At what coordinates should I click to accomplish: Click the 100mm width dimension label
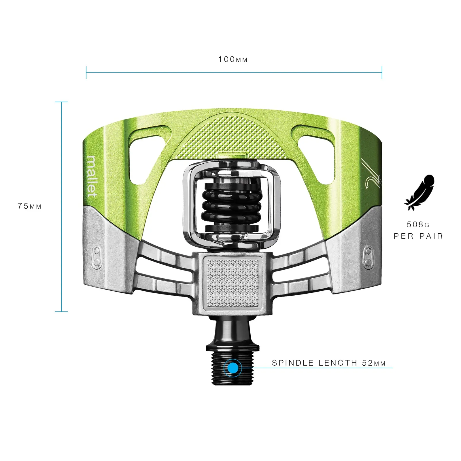pyautogui.click(x=233, y=59)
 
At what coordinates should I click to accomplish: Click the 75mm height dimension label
pyautogui.click(x=30, y=206)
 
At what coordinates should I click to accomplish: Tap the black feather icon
pyautogui.click(x=419, y=192)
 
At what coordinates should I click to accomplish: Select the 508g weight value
pyautogui.click(x=418, y=224)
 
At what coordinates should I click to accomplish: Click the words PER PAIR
pyautogui.click(x=418, y=236)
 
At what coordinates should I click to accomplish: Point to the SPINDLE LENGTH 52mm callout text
pyautogui.click(x=329, y=363)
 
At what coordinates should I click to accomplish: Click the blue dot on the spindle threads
pyautogui.click(x=233, y=368)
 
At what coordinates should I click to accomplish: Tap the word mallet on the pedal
pyautogui.click(x=92, y=176)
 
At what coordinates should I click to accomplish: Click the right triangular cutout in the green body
pyautogui.click(x=315, y=154)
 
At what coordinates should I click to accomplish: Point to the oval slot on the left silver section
pyautogui.click(x=97, y=257)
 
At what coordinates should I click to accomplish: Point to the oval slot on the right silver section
pyautogui.click(x=368, y=257)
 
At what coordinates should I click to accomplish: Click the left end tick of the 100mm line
pyautogui.click(x=86, y=72)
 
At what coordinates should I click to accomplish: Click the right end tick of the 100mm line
pyautogui.click(x=382, y=72)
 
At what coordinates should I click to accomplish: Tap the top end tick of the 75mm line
pyautogui.click(x=61, y=102)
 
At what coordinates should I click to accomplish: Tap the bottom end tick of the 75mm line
pyautogui.click(x=61, y=311)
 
